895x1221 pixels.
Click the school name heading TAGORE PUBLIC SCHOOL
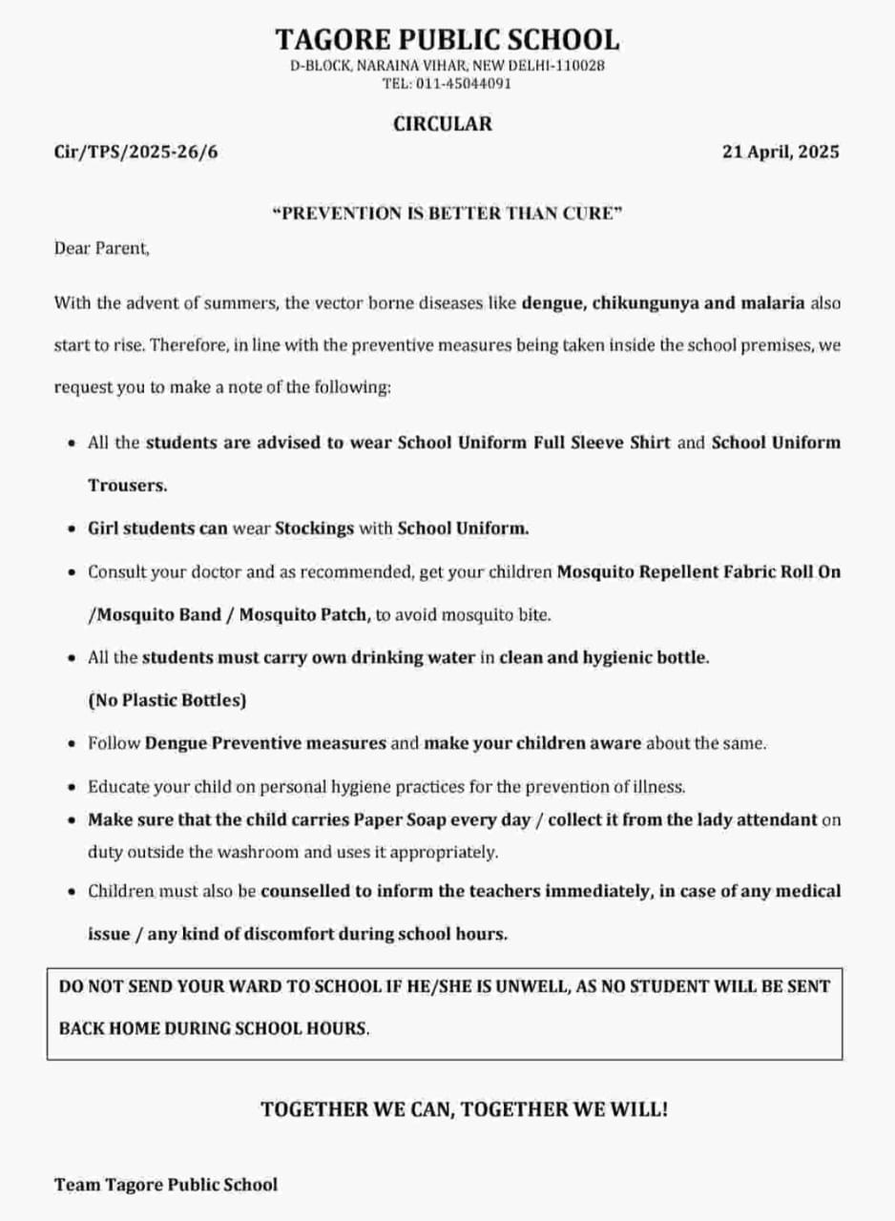coord(447,39)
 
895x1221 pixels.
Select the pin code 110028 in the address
coord(582,66)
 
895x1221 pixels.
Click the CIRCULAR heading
coord(443,123)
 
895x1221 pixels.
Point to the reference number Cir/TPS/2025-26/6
coord(135,152)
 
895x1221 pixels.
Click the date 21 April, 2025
coord(781,152)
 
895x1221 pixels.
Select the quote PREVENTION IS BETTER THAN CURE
coord(447,213)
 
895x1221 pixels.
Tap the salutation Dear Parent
coord(102,249)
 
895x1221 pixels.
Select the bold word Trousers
coord(128,485)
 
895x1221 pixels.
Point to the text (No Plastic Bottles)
coord(167,700)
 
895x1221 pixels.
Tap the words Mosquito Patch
coord(303,615)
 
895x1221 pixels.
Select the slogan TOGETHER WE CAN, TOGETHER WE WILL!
coord(465,1109)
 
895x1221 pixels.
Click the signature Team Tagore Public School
coord(166,1185)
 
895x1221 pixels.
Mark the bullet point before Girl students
coord(73,528)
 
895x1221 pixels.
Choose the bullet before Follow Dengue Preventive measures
coord(73,743)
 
